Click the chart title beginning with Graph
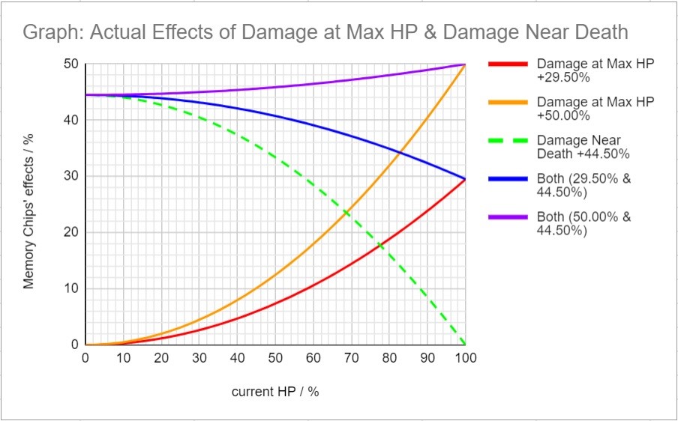pyautogui.click(x=325, y=32)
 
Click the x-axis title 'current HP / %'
pyautogui.click(x=275, y=392)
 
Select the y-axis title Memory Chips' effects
pyautogui.click(x=28, y=210)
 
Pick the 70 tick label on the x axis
pyautogui.click(x=351, y=358)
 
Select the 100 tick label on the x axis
pyautogui.click(x=465, y=358)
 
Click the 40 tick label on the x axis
pyautogui.click(x=237, y=358)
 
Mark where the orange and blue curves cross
pyautogui.click(x=400, y=153)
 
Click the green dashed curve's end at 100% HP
pyautogui.click(x=465, y=345)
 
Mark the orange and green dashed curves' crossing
pyautogui.click(x=346, y=213)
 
